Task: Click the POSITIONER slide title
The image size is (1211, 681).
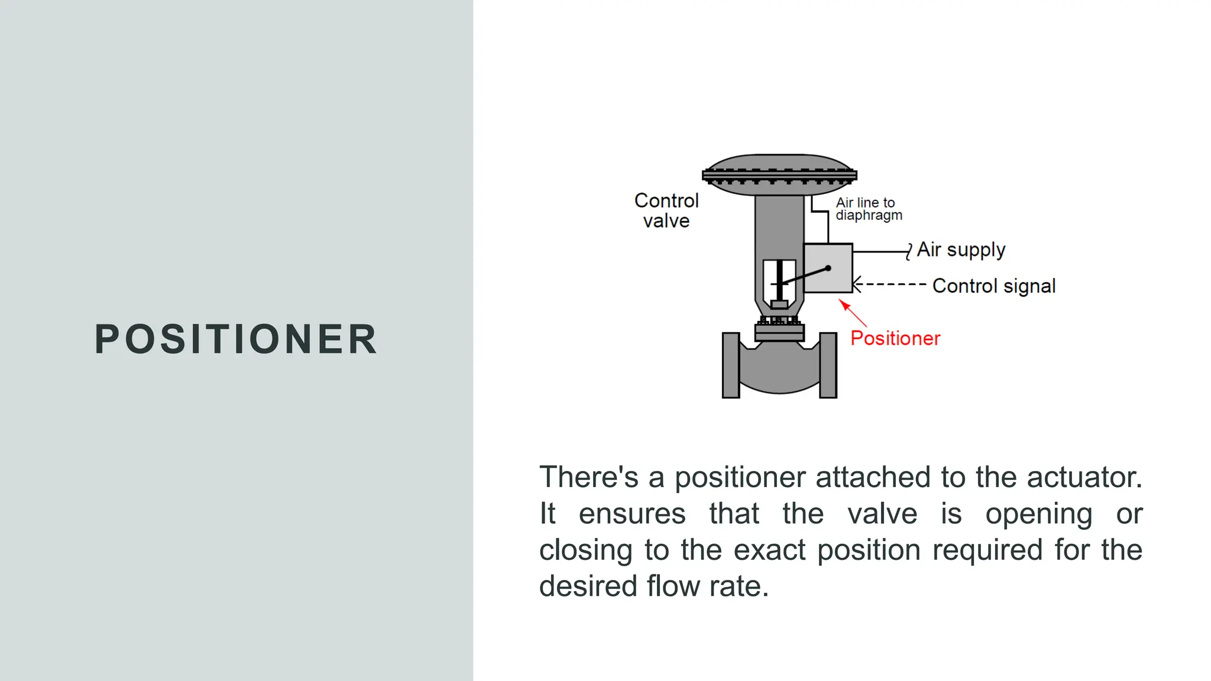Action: pos(236,339)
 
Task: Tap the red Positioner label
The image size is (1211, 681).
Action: pos(895,338)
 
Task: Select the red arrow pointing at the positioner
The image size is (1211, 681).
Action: pos(853,313)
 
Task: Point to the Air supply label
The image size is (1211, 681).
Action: pos(961,250)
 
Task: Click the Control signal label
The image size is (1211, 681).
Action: pos(993,286)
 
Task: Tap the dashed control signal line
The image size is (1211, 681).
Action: pos(890,284)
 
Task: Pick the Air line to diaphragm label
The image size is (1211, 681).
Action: pos(868,209)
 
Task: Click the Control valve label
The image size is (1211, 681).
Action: pos(666,210)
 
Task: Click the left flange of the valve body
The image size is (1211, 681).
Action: pos(731,365)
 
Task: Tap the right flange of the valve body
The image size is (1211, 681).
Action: pos(828,365)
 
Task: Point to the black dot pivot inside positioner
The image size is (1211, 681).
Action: pos(828,268)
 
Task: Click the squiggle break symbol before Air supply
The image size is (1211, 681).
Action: pos(909,252)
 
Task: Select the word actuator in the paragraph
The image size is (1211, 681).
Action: pos(1084,477)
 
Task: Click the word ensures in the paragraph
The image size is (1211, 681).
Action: pos(632,513)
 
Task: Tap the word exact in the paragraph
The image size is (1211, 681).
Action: pos(769,550)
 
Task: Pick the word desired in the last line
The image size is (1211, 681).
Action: pos(588,586)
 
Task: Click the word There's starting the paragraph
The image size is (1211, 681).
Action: pos(588,477)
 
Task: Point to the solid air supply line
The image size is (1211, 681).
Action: pos(879,252)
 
